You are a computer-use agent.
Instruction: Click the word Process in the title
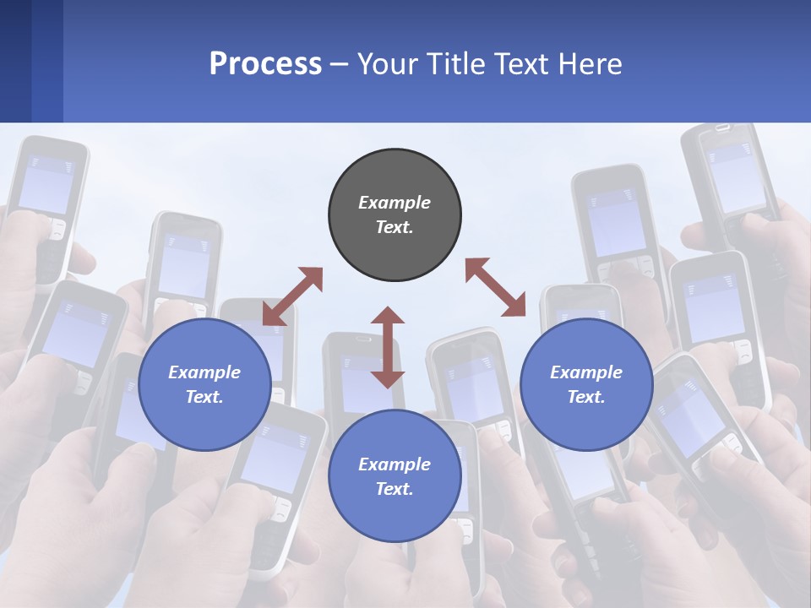point(265,64)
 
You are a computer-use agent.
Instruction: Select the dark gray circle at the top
point(395,215)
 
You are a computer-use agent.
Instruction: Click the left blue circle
point(204,384)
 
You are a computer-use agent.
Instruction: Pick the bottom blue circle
point(395,476)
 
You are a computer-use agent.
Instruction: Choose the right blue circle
point(586,384)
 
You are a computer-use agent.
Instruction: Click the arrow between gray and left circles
point(292,296)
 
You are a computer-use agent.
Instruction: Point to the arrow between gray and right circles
point(495,287)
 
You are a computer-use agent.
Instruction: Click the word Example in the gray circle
point(395,203)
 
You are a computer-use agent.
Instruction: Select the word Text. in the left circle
point(204,397)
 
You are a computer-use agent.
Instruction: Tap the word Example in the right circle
point(586,372)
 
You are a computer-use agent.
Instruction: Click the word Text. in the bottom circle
point(395,489)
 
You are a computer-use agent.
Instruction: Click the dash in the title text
point(339,64)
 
